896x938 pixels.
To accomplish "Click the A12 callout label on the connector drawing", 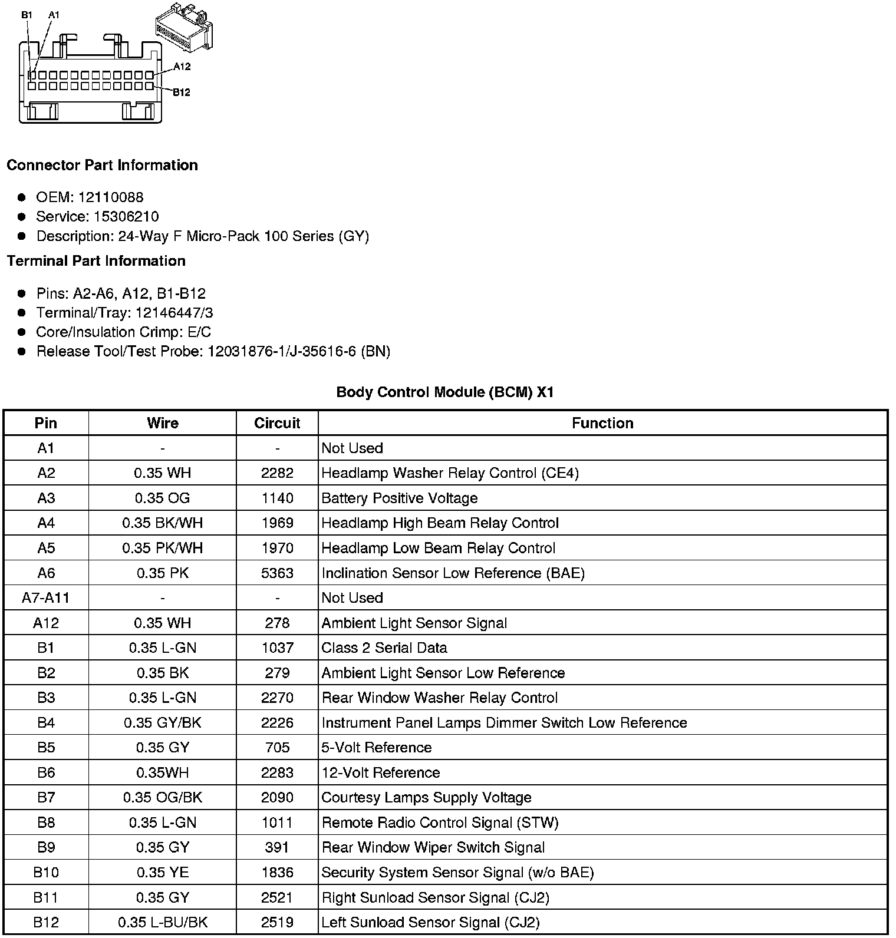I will [x=182, y=67].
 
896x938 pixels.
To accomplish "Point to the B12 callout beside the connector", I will [x=182, y=92].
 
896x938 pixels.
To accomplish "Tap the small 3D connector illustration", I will [x=183, y=27].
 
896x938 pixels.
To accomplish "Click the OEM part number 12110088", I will [x=111, y=197].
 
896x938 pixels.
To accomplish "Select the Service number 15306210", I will [x=126, y=216].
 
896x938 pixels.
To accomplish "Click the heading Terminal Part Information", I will [x=96, y=261].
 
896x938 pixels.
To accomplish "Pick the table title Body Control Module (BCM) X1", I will [x=445, y=392].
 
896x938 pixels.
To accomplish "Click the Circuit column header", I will [x=277, y=423].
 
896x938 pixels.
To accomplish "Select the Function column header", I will [x=602, y=423].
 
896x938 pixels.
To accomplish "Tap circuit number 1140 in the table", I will [x=277, y=498].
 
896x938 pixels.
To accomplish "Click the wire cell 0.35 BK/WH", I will [x=162, y=523].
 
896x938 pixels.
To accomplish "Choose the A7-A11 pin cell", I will [x=46, y=598].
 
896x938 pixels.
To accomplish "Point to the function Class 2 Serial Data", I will [x=384, y=648].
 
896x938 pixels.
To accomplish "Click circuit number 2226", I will [x=277, y=723].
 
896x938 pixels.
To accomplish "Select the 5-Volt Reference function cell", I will [x=377, y=748].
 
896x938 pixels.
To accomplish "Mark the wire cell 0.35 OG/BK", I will [x=162, y=798].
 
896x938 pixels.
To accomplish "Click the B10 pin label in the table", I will [x=46, y=873].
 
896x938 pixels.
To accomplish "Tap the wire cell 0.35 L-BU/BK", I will [x=162, y=923].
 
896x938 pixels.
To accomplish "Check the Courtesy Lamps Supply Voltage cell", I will [x=427, y=798].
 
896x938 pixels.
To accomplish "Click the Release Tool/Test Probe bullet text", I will [x=213, y=352].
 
